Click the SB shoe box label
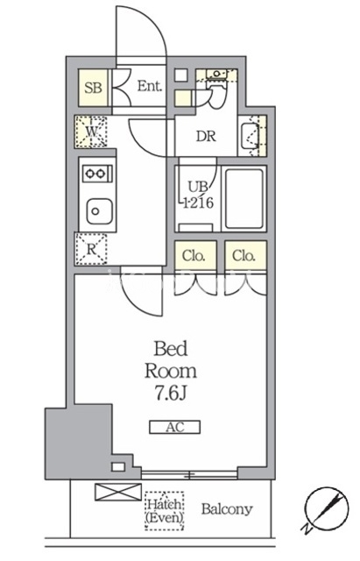(93, 88)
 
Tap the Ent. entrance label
(150, 86)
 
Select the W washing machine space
(91, 131)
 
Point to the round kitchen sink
(99, 211)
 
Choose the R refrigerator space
(91, 249)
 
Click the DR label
(206, 137)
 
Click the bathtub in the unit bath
(244, 198)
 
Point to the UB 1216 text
(198, 195)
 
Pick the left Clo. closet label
(194, 256)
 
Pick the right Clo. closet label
(244, 256)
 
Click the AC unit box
(175, 427)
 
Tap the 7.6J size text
(171, 394)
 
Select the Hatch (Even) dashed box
(165, 510)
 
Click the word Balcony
(227, 508)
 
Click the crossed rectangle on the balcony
(118, 492)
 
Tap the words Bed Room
(171, 360)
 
